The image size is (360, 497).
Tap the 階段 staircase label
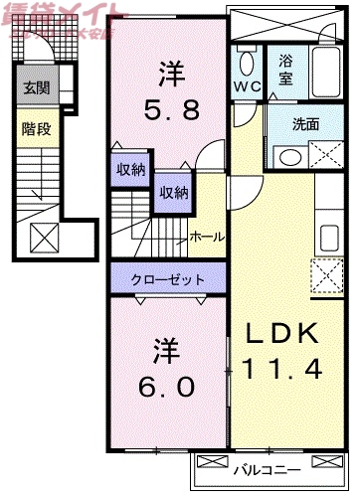34,128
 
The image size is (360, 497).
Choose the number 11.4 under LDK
282,371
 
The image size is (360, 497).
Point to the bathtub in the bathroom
322,71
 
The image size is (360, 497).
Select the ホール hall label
207,237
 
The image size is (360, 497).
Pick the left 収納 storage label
130,170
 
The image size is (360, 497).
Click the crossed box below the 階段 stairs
43,239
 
